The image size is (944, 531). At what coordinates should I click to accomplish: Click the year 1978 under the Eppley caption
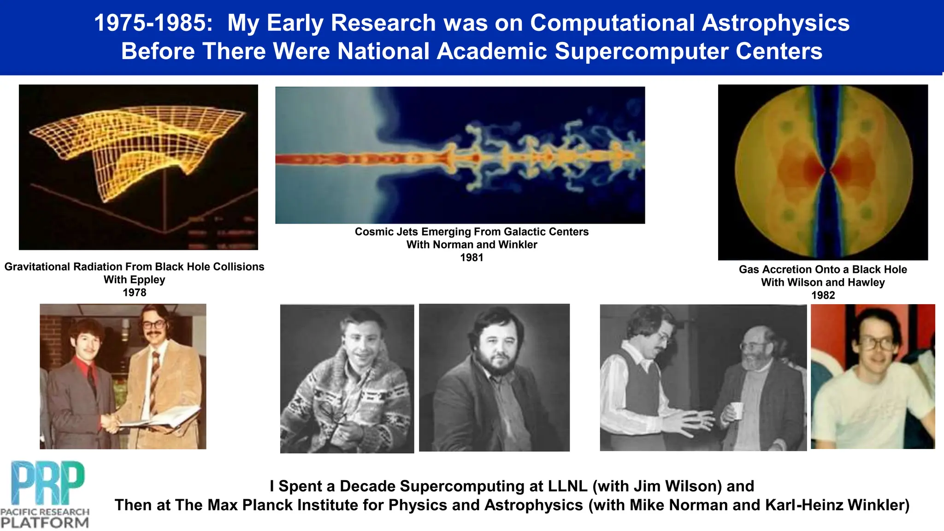(134, 293)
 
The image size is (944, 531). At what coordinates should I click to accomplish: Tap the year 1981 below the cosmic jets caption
(472, 258)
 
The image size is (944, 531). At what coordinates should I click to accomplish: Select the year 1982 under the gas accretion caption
(823, 295)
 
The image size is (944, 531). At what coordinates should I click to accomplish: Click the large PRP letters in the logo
(47, 483)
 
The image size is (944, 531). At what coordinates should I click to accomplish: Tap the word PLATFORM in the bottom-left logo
(45, 523)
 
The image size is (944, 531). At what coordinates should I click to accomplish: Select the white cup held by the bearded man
(737, 410)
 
